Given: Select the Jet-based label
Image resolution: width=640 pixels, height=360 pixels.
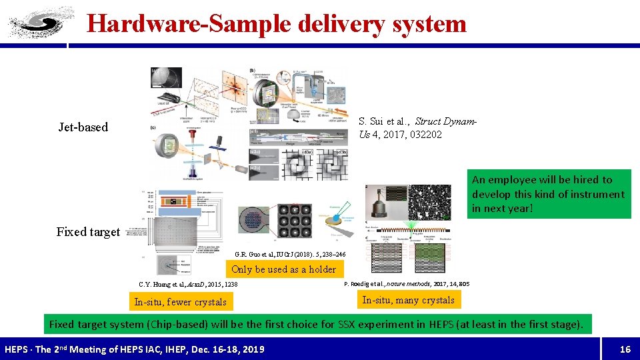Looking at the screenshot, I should [83, 127].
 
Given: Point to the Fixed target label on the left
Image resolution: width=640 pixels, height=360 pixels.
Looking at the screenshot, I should [88, 232].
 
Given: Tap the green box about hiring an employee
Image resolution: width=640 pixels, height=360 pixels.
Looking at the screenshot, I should [548, 194].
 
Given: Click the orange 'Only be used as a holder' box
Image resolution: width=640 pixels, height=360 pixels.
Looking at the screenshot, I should [283, 269].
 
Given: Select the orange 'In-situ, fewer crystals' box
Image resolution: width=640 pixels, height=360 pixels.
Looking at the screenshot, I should [180, 302].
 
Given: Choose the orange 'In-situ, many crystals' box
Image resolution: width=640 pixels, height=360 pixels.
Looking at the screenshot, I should [408, 300].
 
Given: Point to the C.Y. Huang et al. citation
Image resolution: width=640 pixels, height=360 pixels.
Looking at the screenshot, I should [188, 285].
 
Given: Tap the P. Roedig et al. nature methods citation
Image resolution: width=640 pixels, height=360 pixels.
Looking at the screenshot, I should [407, 284].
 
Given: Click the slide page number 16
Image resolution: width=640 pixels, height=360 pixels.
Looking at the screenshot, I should [625, 349].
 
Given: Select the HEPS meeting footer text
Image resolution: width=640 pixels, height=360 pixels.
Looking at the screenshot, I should [134, 349].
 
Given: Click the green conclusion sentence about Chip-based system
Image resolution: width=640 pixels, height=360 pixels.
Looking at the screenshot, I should [316, 325].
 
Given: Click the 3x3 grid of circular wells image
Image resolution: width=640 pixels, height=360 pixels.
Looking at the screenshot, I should [294, 220].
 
